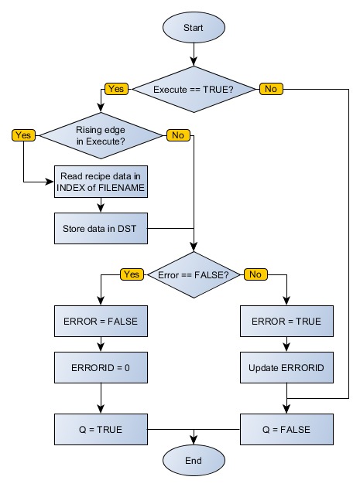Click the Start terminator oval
(194, 28)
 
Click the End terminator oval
(194, 461)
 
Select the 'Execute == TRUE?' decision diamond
(194, 90)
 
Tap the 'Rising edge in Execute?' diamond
(101, 135)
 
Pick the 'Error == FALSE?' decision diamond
(194, 274)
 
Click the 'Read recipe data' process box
(101, 182)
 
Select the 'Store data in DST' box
(101, 229)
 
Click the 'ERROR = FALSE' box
(101, 322)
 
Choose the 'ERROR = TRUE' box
(287, 322)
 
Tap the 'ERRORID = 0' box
(101, 368)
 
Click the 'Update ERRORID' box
(287, 368)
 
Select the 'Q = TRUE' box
(101, 428)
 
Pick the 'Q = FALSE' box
(287, 428)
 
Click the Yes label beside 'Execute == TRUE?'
(116, 90)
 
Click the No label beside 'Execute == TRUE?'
(271, 90)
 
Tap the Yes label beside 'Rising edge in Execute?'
(23, 135)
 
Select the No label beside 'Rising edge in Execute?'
(178, 135)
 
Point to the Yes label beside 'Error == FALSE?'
(132, 274)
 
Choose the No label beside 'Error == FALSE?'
(255, 274)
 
